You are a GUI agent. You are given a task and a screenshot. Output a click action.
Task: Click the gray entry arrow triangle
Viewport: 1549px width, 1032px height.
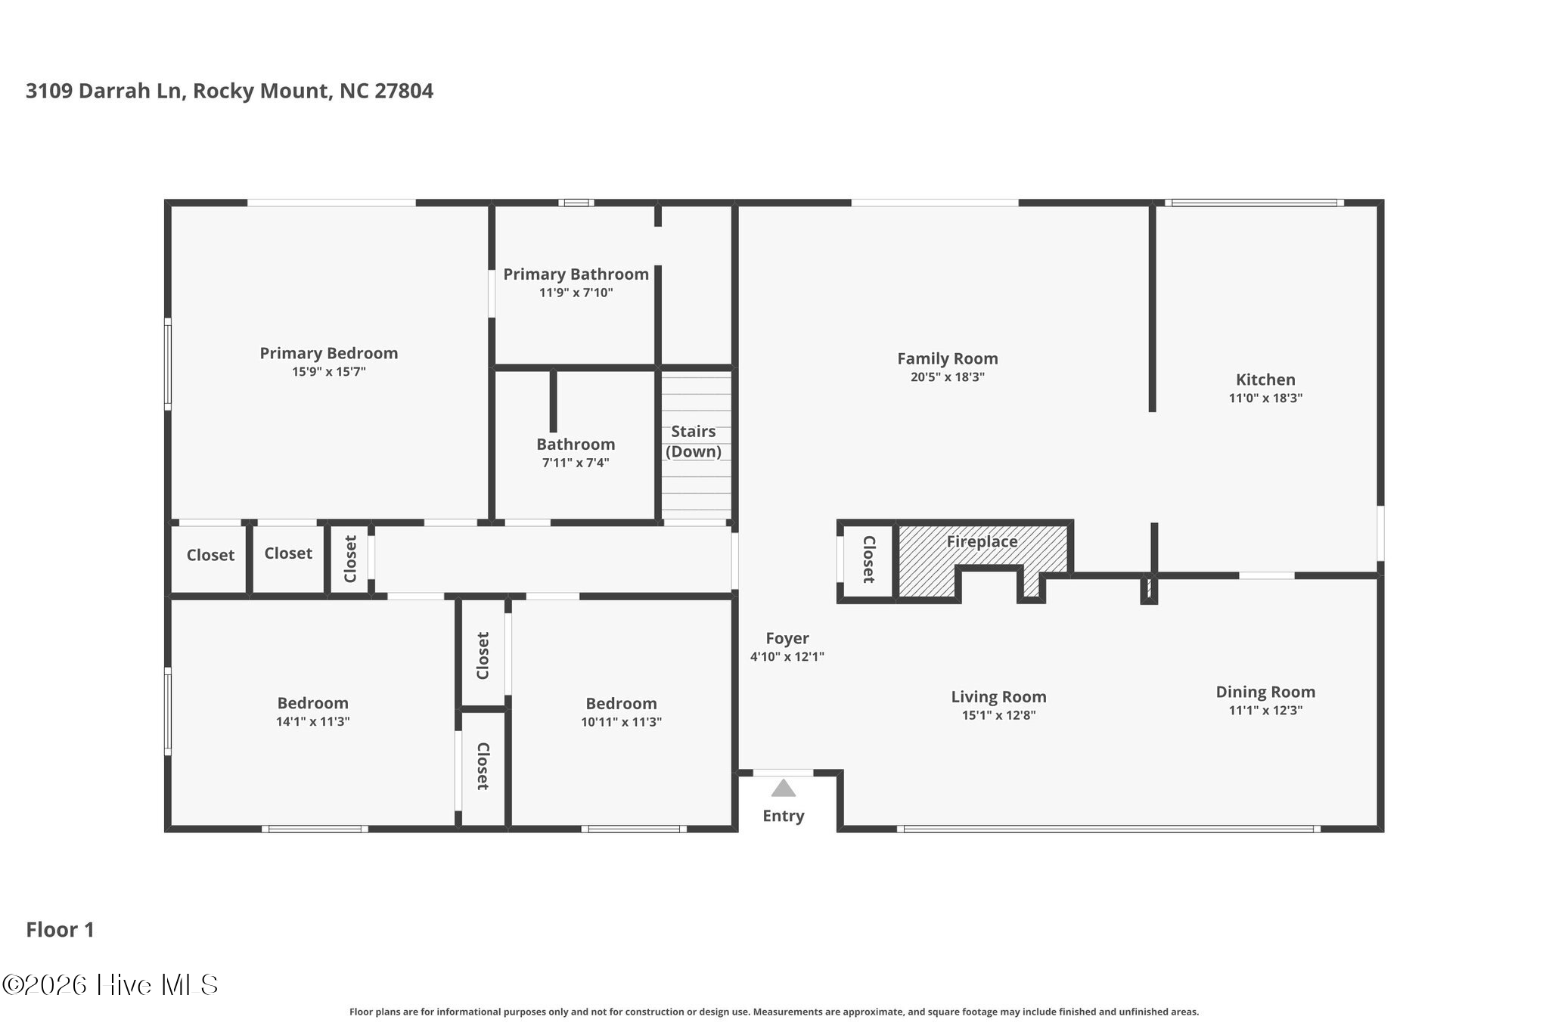784,789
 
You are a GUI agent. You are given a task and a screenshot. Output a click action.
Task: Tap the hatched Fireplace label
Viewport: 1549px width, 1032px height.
982,541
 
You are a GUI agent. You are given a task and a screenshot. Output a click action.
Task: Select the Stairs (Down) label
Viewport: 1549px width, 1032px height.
694,442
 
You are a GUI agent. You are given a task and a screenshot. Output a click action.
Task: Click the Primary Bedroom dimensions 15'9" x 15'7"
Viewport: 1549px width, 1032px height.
329,372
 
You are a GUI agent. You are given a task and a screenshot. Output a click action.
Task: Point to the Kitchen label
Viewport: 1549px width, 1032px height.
1265,380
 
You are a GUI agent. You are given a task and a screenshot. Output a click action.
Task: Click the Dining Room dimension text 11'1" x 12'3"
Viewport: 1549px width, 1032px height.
1265,711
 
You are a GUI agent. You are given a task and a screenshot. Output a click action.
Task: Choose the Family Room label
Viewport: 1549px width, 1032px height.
948,359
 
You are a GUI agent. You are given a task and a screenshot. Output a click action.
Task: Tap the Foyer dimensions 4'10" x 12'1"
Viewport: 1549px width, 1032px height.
787,657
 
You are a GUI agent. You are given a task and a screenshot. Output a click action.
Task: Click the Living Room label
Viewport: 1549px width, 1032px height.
999,697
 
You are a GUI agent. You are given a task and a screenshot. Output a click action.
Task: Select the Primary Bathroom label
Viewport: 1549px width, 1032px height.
576,274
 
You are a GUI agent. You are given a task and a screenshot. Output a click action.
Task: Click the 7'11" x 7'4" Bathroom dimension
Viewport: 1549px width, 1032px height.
576,463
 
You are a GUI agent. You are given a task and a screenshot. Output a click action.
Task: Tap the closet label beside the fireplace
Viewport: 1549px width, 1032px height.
868,559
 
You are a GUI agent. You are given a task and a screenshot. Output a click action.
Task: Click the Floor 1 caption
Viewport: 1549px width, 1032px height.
61,930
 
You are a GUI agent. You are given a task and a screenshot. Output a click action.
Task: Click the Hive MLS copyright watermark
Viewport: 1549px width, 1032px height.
110,984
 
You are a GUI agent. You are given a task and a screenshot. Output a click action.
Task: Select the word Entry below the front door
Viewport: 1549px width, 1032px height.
784,816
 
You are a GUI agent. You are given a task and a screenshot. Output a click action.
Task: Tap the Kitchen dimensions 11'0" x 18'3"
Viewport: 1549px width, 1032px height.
1265,398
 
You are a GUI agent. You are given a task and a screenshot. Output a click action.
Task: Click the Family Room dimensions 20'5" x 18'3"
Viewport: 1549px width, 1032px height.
948,377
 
